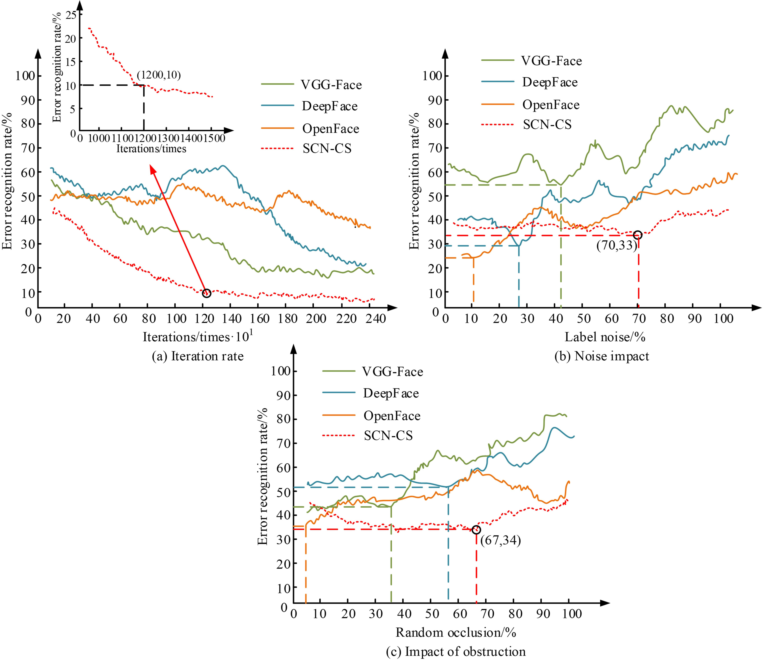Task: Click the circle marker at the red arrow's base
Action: pyautogui.click(x=207, y=293)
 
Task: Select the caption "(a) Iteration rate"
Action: pyautogui.click(x=198, y=356)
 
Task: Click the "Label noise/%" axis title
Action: pyautogui.click(x=605, y=337)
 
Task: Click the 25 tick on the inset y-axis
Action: pyautogui.click(x=71, y=15)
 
